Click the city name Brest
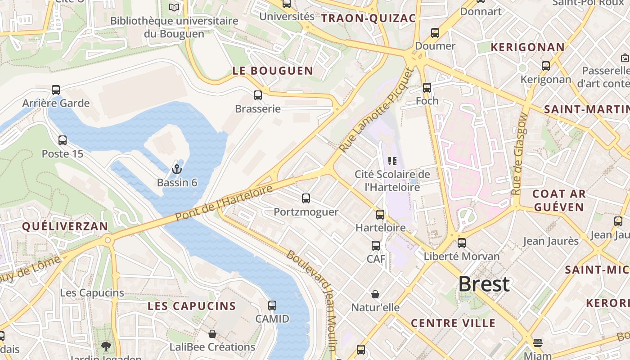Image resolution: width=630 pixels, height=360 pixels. (x=484, y=284)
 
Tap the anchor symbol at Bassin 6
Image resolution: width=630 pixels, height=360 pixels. (x=177, y=170)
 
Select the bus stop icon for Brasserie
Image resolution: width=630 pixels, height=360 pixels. (x=258, y=95)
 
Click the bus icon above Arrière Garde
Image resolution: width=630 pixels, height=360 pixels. (x=56, y=90)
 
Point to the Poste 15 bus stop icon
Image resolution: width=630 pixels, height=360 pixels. (x=63, y=140)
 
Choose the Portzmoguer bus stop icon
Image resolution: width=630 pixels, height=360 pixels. (x=306, y=198)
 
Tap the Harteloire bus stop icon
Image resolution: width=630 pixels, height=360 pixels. (x=380, y=215)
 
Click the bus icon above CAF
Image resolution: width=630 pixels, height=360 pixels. (x=376, y=246)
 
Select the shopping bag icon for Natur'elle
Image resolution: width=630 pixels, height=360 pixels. (x=375, y=294)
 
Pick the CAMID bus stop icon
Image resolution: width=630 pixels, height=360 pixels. (x=272, y=306)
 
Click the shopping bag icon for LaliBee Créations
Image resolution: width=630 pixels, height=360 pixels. (x=212, y=334)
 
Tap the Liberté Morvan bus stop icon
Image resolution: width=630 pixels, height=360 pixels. (x=462, y=243)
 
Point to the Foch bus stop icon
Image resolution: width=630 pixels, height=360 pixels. (x=427, y=88)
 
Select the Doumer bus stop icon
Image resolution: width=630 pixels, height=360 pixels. (x=435, y=33)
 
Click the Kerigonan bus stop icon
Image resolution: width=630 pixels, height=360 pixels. (x=546, y=66)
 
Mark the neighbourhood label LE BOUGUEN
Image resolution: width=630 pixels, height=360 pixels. (x=273, y=71)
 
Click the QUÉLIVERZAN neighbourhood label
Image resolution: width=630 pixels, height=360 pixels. (x=65, y=226)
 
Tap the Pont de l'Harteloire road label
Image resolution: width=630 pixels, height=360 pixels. (x=224, y=203)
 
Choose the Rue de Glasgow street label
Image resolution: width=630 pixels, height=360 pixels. (x=520, y=153)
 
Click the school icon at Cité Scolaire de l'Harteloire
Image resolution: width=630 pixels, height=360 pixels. (x=392, y=161)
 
